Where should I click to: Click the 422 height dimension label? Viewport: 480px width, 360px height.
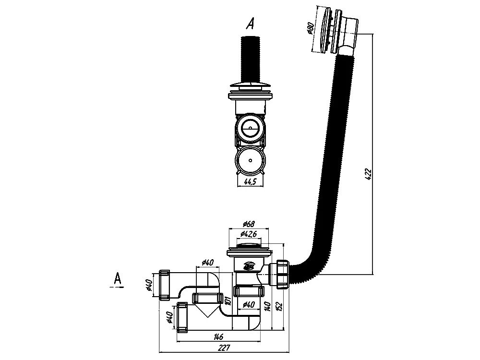pos(369,174)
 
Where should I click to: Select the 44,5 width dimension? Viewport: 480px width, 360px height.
pos(250,181)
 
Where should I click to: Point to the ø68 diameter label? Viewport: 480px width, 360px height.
pos(249,224)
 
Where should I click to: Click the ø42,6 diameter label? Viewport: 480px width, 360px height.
pos(249,234)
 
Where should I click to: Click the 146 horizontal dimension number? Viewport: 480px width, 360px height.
pos(218,337)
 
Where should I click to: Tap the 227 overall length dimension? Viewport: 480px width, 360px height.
pos(224,348)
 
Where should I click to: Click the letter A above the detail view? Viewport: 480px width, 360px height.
pos(251,23)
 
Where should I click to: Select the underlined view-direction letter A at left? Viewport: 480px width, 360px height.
pos(117,279)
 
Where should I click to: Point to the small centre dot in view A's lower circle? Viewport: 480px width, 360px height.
pos(251,160)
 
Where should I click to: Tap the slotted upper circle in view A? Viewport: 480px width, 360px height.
pos(251,129)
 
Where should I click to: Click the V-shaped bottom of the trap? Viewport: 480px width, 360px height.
pos(207,310)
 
